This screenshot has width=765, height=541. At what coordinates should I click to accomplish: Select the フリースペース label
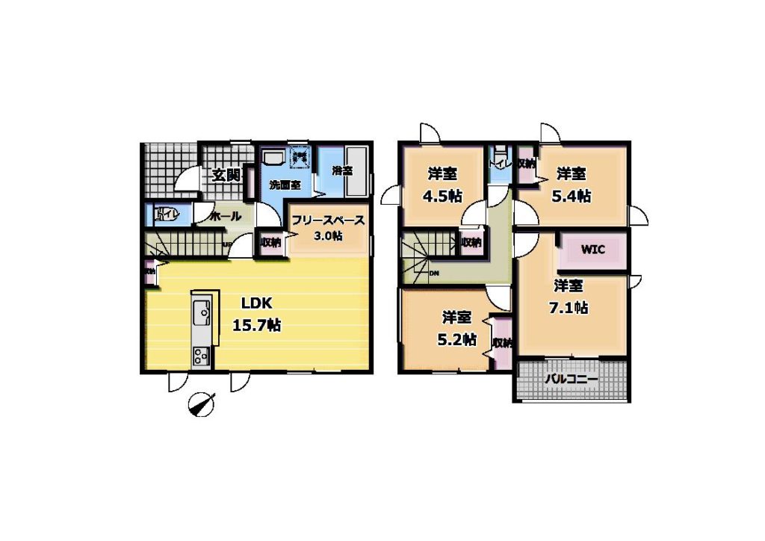tap(328, 220)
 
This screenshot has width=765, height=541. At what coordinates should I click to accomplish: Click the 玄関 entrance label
tap(226, 176)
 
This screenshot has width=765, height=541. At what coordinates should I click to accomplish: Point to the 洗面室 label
tap(284, 184)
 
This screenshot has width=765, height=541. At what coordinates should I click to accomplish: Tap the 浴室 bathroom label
tap(343, 170)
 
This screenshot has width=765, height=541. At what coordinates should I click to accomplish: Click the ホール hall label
tap(226, 217)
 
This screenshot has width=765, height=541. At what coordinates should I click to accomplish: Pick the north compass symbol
tap(201, 404)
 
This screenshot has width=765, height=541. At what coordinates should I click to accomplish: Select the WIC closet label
tap(593, 249)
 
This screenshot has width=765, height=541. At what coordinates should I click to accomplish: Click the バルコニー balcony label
tap(571, 380)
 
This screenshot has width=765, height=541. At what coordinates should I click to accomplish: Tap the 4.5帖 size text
tap(444, 197)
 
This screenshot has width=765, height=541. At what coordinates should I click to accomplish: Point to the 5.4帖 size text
tap(572, 197)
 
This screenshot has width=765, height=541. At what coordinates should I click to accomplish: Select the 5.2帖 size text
tap(456, 338)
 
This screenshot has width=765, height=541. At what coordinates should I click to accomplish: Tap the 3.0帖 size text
tap(328, 236)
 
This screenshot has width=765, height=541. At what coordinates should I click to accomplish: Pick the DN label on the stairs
tap(434, 273)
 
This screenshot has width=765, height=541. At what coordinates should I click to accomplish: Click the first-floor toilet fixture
tap(165, 216)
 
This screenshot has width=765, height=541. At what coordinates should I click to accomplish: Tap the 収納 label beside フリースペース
tap(270, 242)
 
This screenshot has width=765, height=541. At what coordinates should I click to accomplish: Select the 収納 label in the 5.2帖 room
tap(502, 343)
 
